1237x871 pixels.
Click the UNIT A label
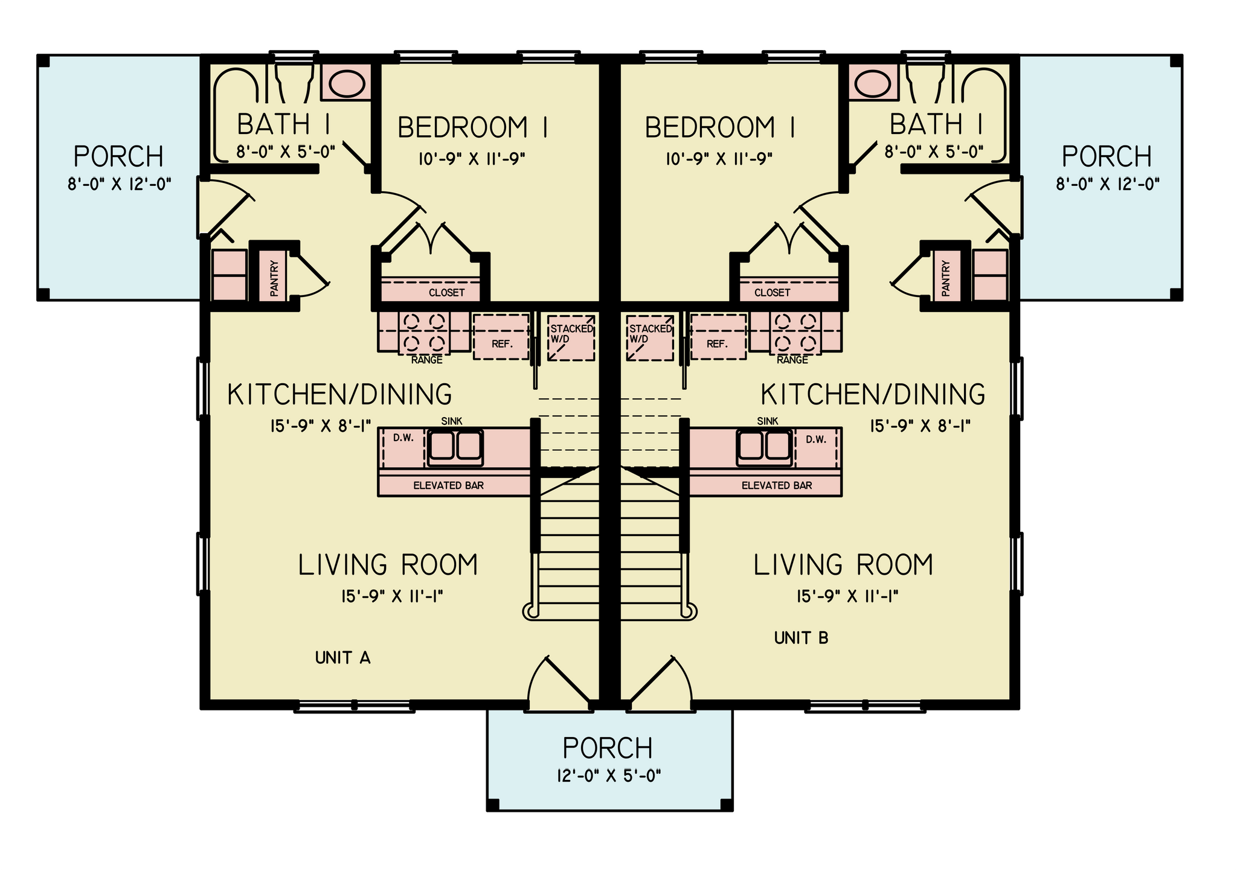[342, 657]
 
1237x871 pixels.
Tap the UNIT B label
[801, 637]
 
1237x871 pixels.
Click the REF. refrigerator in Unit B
[718, 337]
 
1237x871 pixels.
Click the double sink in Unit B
[764, 447]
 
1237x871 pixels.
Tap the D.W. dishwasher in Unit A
[404, 448]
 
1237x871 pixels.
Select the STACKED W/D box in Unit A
[571, 337]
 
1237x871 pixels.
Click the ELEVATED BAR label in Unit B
[777, 485]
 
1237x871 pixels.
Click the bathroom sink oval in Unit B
[873, 83]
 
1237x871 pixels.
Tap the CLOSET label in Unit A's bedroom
[447, 293]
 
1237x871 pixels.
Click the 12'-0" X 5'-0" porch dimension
[609, 776]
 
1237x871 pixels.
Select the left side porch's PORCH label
[118, 157]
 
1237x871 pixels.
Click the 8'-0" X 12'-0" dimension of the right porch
[1108, 184]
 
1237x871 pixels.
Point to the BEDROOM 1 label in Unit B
[720, 128]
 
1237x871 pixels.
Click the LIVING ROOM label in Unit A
[388, 565]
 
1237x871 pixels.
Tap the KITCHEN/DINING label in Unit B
[873, 394]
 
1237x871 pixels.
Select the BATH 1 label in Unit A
[283, 124]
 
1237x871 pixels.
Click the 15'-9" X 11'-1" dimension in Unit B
[847, 596]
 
